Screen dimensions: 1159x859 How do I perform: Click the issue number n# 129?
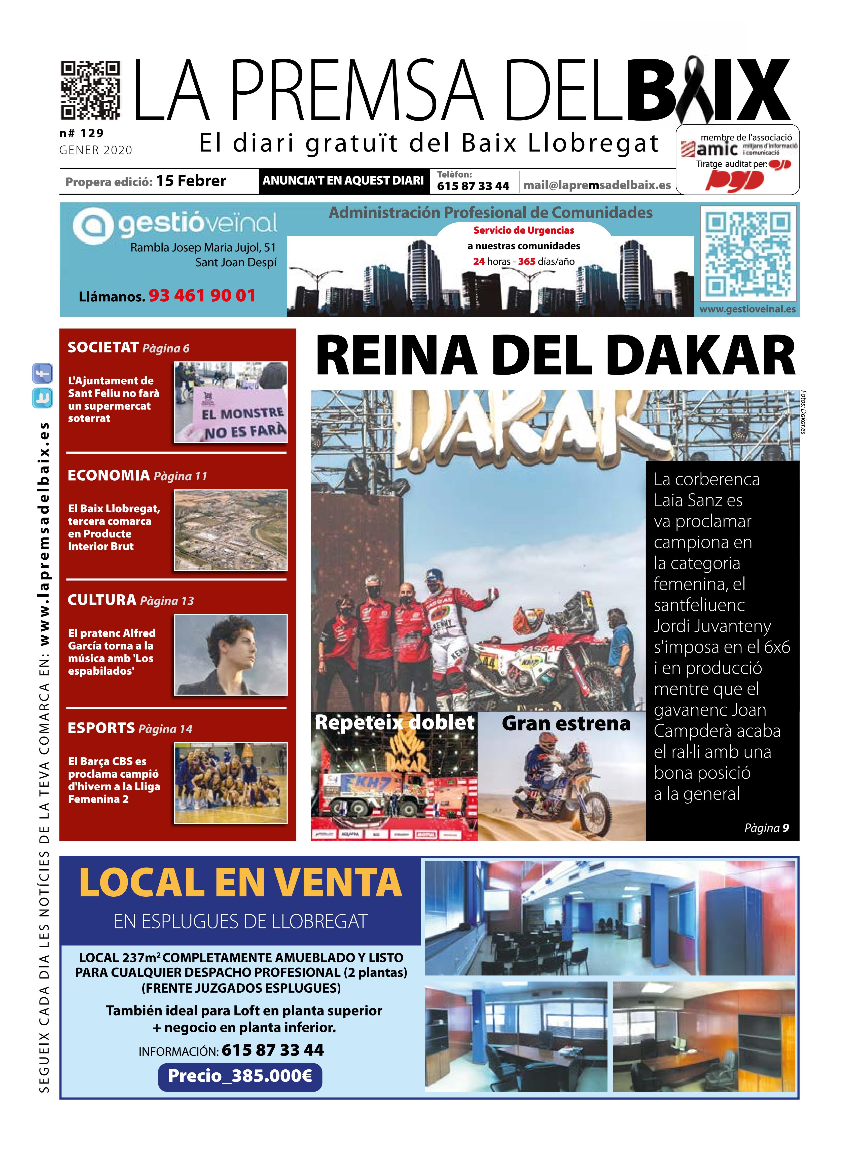[82, 133]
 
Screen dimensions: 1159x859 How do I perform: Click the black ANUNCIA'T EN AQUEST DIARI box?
[343, 181]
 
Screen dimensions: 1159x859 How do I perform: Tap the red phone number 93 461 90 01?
[202, 296]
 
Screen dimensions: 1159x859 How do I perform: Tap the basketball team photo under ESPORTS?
[230, 783]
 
